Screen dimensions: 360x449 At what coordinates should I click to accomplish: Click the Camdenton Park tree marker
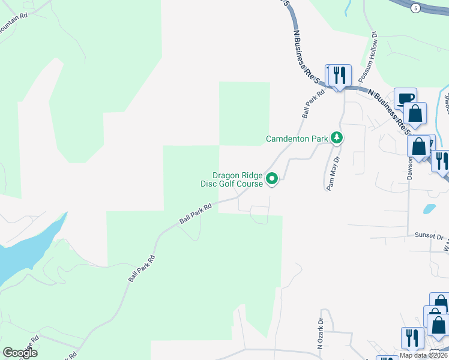pos(337,139)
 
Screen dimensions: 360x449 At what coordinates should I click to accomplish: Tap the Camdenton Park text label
pos(297,139)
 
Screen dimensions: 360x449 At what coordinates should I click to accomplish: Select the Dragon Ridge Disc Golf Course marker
pos(271,178)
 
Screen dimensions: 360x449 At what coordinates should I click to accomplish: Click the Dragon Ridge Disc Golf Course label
pos(232,179)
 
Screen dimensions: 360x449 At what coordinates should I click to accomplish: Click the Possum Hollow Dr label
pos(368,57)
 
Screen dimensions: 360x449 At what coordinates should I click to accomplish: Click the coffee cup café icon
pos(405,98)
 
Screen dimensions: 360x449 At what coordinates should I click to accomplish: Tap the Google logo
pos(20,353)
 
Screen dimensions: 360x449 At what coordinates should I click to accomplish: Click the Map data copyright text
pos(424,355)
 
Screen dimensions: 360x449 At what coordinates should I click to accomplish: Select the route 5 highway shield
pos(415,8)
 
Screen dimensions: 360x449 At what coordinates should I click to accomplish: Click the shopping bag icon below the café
pos(415,113)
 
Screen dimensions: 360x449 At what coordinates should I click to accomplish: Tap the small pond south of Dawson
pos(429,209)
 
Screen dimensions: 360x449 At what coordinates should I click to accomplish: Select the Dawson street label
pos(411,168)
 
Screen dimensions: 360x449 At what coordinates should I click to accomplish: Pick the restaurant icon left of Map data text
pos(412,337)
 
